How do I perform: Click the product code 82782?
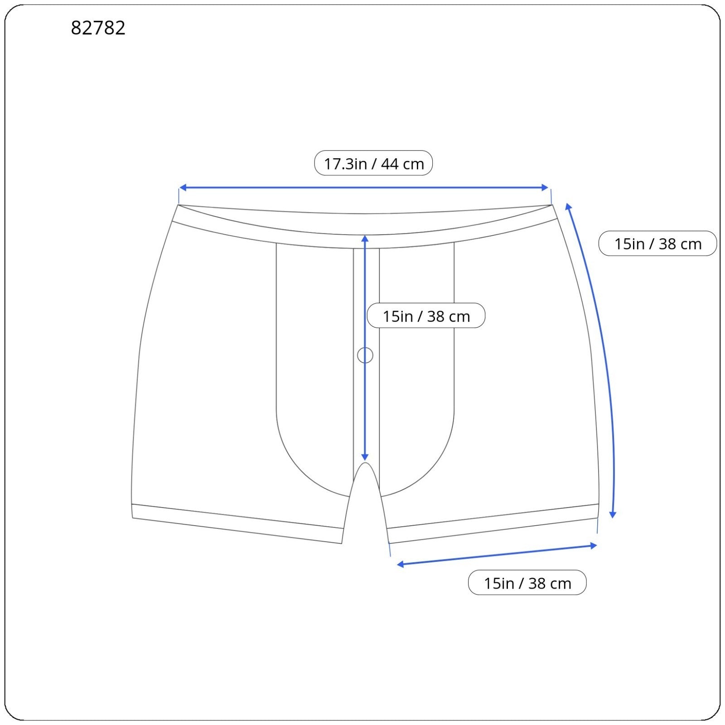coord(98,28)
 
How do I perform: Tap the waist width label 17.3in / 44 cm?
coord(373,163)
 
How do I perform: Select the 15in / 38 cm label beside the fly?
coord(426,316)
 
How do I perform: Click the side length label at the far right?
coord(657,244)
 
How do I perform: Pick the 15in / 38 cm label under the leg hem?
coord(527,583)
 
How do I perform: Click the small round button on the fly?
coord(365,355)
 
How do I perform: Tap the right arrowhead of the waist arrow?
coord(545,188)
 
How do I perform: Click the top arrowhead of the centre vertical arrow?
coord(365,238)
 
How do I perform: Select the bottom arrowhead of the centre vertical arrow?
coord(365,458)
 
